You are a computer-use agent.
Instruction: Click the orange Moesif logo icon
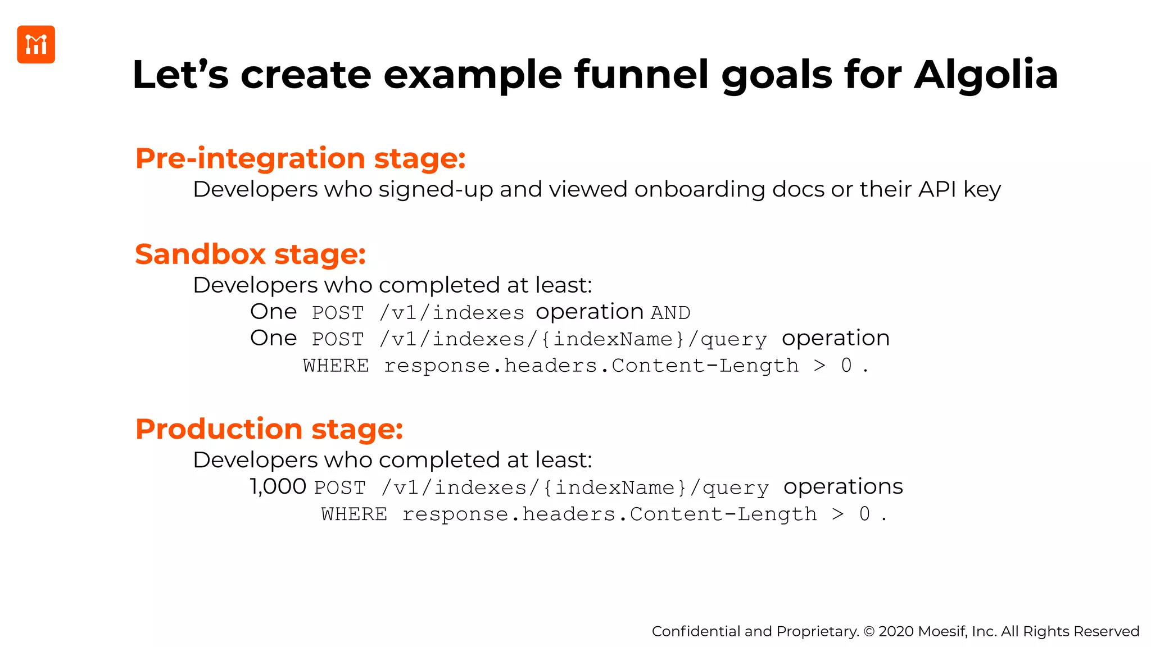pos(36,44)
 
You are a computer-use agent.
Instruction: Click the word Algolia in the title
pos(986,75)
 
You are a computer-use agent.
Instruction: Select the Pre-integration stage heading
pos(301,158)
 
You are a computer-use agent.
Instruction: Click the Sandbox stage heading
pos(251,254)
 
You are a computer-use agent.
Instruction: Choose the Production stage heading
pos(269,429)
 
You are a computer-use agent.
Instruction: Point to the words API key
pos(959,189)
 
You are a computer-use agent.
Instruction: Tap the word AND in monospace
pos(670,313)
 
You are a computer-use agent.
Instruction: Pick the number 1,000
pos(278,486)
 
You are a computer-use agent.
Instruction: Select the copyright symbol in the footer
pos(869,632)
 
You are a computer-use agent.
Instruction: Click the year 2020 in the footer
pos(896,632)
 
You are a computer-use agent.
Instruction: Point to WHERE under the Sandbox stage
pos(336,366)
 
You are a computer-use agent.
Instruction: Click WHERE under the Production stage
pos(354,514)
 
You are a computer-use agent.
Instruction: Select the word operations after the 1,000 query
pos(843,487)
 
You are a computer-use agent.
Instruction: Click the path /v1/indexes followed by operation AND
pos(452,313)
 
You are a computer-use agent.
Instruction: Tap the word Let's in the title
pos(180,75)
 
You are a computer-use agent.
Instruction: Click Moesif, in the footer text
pos(942,632)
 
